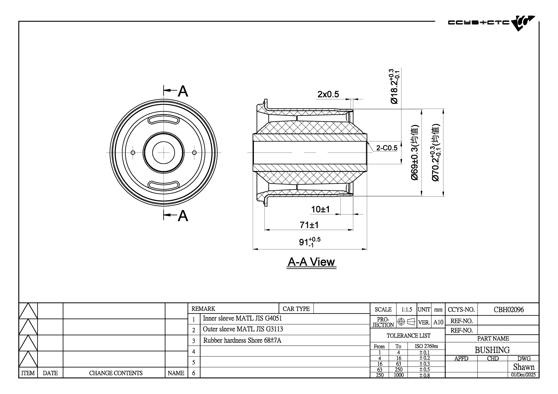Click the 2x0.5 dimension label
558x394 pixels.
point(328,94)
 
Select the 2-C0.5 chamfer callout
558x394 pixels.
point(387,148)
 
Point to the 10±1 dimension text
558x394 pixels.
point(320,209)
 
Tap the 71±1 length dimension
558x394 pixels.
point(309,225)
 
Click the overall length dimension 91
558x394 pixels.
point(310,242)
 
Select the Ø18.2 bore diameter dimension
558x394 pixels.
point(394,86)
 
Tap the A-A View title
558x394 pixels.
point(311,262)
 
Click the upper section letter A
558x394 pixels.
point(183,91)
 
